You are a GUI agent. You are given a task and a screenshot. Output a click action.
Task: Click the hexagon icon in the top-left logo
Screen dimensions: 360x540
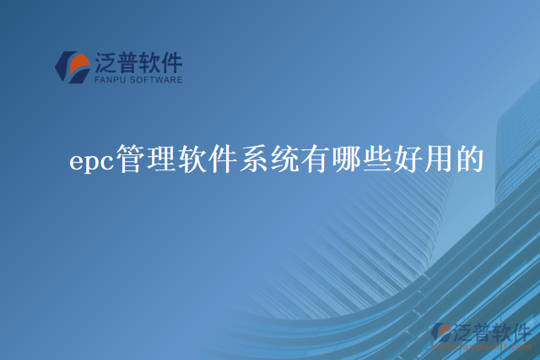click(73, 67)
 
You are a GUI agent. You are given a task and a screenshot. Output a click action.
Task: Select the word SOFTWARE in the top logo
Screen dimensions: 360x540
click(158, 81)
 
